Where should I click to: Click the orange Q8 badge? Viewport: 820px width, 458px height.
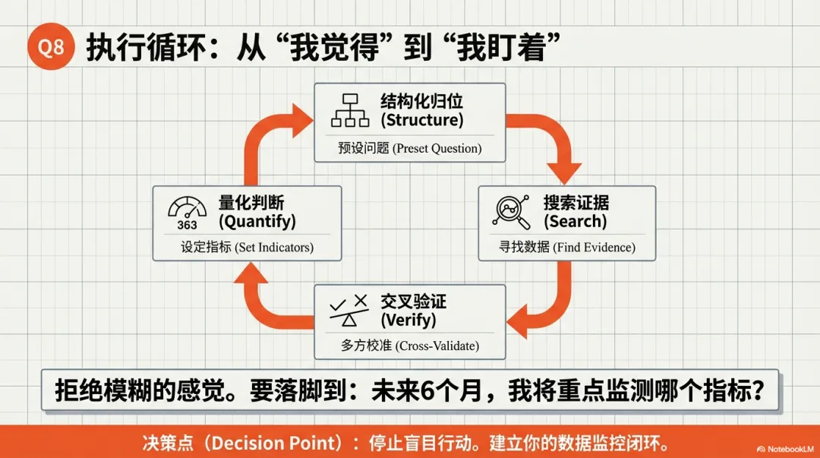pyautogui.click(x=51, y=49)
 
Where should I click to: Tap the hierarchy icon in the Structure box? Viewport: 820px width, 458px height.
pyautogui.click(x=350, y=110)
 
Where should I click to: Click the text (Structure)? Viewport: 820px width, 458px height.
pyautogui.click(x=421, y=120)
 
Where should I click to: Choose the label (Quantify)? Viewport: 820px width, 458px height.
pyautogui.click(x=257, y=222)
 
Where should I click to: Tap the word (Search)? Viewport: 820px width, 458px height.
pyautogui.click(x=575, y=222)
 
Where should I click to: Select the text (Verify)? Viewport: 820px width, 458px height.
pyautogui.click(x=408, y=320)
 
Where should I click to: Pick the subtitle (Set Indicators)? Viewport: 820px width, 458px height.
pyautogui.click(x=274, y=248)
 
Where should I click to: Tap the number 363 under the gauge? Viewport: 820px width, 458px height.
pyautogui.click(x=187, y=225)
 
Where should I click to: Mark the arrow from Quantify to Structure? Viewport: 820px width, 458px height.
pyautogui.click(x=266, y=137)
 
